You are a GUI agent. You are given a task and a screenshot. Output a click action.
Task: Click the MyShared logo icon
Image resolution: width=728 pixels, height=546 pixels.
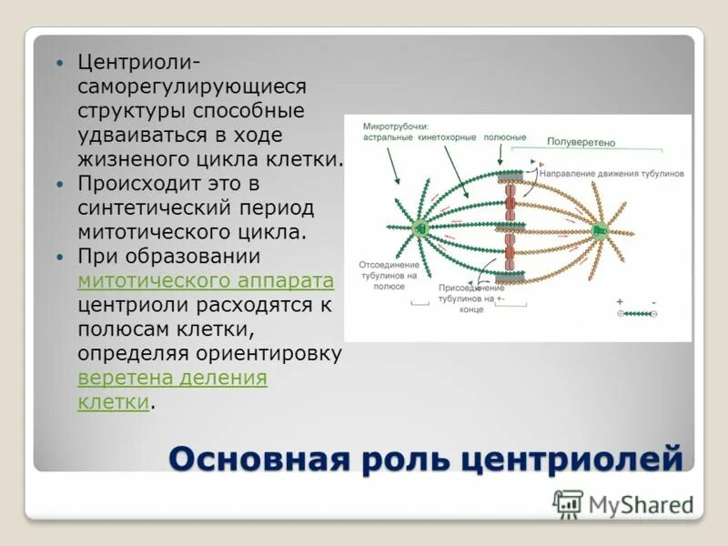pos(569,504)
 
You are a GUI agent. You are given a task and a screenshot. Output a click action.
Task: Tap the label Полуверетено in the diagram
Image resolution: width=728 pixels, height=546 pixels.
pos(581,142)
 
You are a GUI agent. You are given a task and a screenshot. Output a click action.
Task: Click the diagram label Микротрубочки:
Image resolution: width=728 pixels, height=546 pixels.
pos(395,126)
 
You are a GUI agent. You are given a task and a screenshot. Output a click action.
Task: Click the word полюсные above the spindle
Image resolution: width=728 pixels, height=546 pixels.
pos(505,137)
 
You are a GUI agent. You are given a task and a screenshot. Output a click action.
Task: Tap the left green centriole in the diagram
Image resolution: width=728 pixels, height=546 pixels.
pos(420,227)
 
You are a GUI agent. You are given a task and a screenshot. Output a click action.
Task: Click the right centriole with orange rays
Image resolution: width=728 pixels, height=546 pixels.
pos(600,230)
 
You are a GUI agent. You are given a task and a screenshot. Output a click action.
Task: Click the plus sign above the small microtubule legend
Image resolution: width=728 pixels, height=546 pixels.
pos(620,300)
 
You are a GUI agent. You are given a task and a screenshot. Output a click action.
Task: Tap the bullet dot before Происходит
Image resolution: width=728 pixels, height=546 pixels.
pos(61,183)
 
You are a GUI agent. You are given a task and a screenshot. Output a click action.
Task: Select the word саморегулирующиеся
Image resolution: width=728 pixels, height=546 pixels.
pos(191,87)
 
